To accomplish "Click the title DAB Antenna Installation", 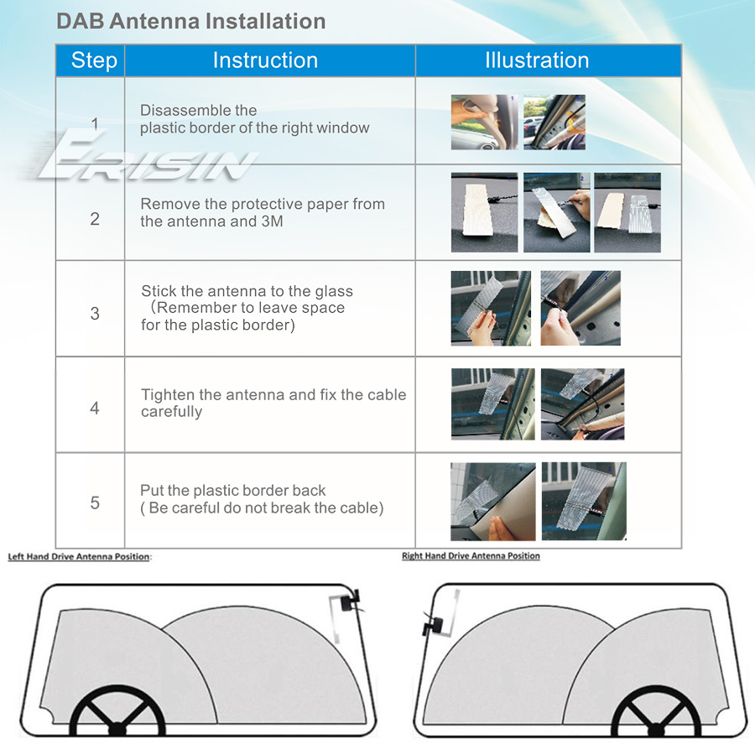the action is click(x=191, y=22).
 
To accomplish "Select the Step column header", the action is click(x=94, y=60).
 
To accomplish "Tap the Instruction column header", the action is click(x=265, y=60).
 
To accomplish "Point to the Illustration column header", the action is click(x=537, y=60).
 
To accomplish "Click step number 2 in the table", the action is click(x=95, y=219).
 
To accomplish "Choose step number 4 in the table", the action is click(x=95, y=409).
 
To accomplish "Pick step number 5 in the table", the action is click(x=95, y=502).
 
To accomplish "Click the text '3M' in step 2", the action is click(x=272, y=221).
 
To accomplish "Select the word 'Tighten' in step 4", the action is click(x=168, y=395).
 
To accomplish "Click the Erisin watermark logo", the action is click(x=144, y=157).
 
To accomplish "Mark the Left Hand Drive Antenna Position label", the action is click(x=79, y=557).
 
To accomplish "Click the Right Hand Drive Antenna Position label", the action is click(x=471, y=555).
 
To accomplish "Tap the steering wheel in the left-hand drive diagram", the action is click(x=117, y=711).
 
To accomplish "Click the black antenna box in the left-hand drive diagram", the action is click(x=349, y=601).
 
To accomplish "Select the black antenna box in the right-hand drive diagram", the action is click(x=432, y=626).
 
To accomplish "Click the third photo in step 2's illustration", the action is click(x=627, y=212).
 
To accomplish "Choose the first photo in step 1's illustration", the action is click(x=484, y=122).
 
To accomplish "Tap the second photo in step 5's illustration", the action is click(x=584, y=502).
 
